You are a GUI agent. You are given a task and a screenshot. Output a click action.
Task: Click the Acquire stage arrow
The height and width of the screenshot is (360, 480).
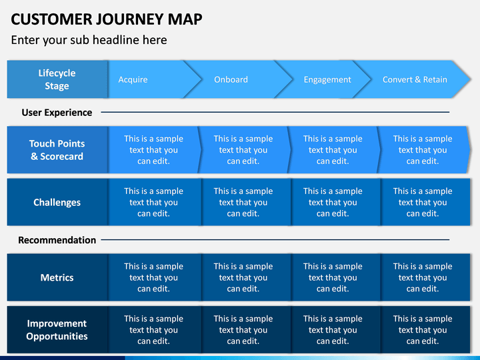point(150,79)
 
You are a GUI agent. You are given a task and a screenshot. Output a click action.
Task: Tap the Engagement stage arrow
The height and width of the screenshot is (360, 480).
point(326,79)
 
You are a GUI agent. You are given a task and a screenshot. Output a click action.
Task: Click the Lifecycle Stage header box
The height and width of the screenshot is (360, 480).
point(57,79)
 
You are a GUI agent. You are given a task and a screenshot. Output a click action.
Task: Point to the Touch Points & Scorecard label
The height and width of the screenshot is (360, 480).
point(57,150)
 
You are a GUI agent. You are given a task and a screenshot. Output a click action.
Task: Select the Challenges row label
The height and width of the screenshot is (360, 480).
point(57,202)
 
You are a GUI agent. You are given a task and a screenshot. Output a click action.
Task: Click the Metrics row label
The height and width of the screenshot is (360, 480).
point(57,277)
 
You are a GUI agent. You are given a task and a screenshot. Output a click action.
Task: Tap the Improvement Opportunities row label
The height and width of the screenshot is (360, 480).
point(57,330)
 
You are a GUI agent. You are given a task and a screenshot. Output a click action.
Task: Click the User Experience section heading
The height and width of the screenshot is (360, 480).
point(57,113)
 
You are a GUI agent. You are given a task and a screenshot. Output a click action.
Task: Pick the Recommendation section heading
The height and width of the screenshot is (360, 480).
point(57,240)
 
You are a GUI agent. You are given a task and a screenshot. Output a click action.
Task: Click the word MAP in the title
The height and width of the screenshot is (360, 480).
point(185,19)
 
